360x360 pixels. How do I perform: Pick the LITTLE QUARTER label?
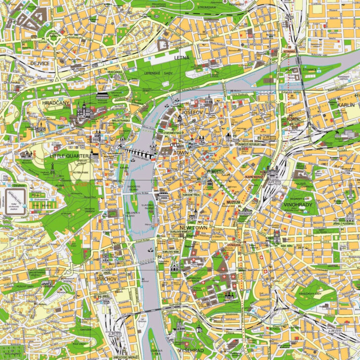69,156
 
